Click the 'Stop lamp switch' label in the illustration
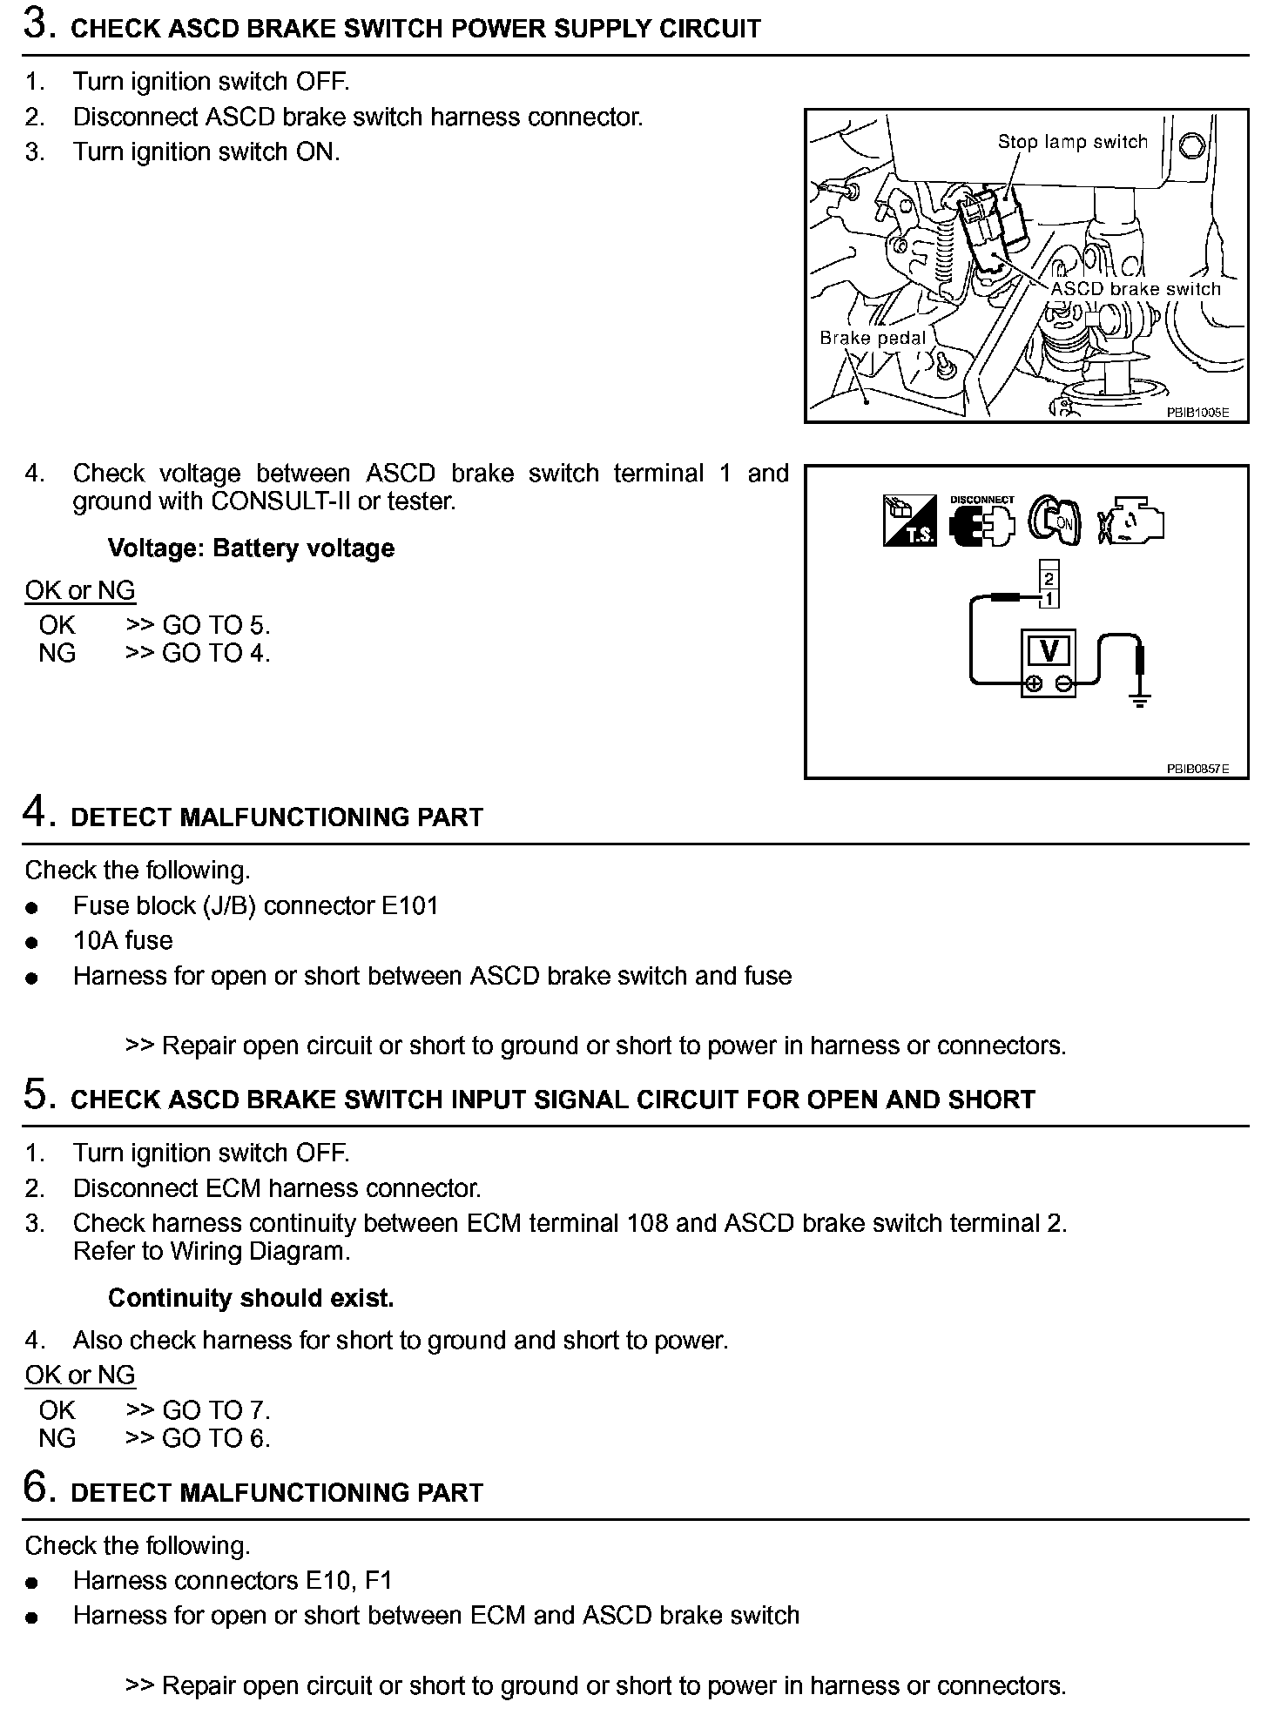click(1072, 142)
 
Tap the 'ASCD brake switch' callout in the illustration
click(1136, 289)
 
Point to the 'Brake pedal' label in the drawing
click(873, 338)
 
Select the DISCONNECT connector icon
click(982, 522)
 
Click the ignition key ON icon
click(1054, 521)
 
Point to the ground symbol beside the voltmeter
click(1139, 697)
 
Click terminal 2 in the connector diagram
click(1049, 579)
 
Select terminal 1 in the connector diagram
click(1049, 598)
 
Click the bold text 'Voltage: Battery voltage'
click(251, 548)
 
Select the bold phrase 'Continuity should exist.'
click(251, 1298)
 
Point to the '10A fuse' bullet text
click(123, 940)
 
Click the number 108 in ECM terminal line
click(647, 1223)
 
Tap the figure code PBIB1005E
click(1197, 413)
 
